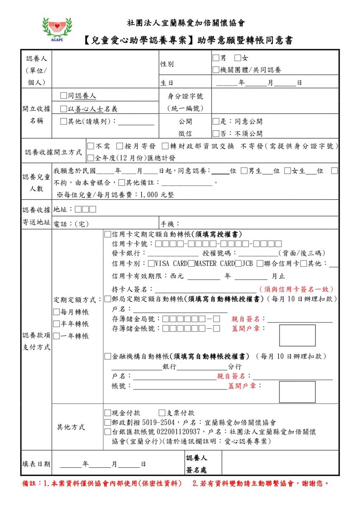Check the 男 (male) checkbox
pyautogui.click(x=216, y=58)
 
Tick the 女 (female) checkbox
pyautogui.click(x=237, y=58)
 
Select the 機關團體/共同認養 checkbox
pyautogui.click(x=216, y=70)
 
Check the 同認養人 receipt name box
pyautogui.click(x=64, y=96)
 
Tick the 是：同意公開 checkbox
pyautogui.click(x=216, y=121)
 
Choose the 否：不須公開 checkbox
pyautogui.click(x=216, y=133)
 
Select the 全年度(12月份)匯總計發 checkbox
pyautogui.click(x=91, y=158)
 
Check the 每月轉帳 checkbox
pyautogui.click(x=56, y=312)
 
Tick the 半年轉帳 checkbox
pyautogui.click(x=56, y=324)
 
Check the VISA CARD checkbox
pyautogui.click(x=151, y=264)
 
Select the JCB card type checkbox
pyautogui.click(x=238, y=264)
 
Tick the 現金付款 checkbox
pyautogui.click(x=107, y=413)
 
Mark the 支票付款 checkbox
pyautogui.click(x=162, y=413)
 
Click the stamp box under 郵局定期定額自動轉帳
pyautogui.click(x=297, y=335)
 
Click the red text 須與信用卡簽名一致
pyautogui.click(x=296, y=289)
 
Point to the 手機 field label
pyautogui.click(x=170, y=224)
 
